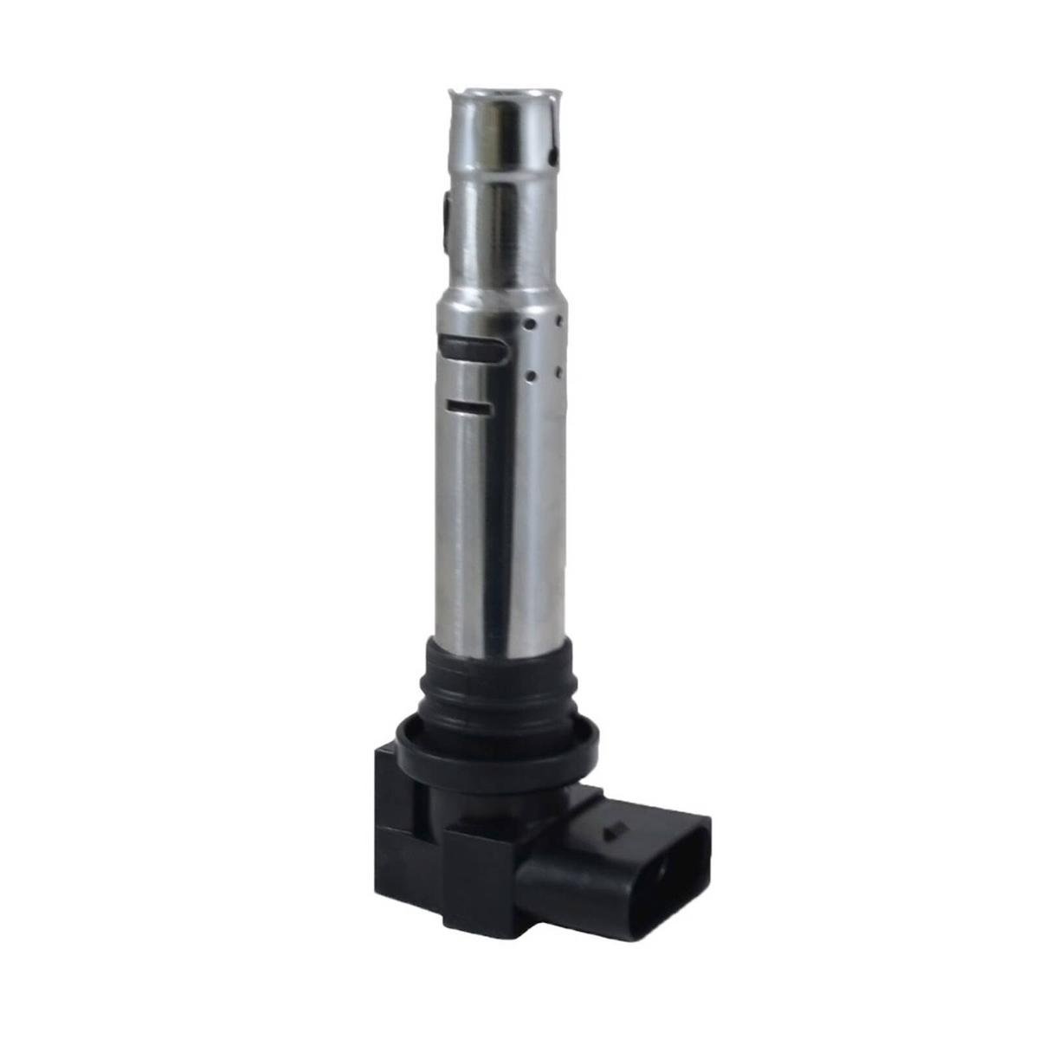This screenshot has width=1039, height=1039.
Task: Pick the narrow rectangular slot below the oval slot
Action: [x=468, y=405]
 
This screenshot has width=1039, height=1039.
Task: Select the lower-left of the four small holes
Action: [x=529, y=377]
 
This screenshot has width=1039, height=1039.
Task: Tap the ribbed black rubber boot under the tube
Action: [x=498, y=684]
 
